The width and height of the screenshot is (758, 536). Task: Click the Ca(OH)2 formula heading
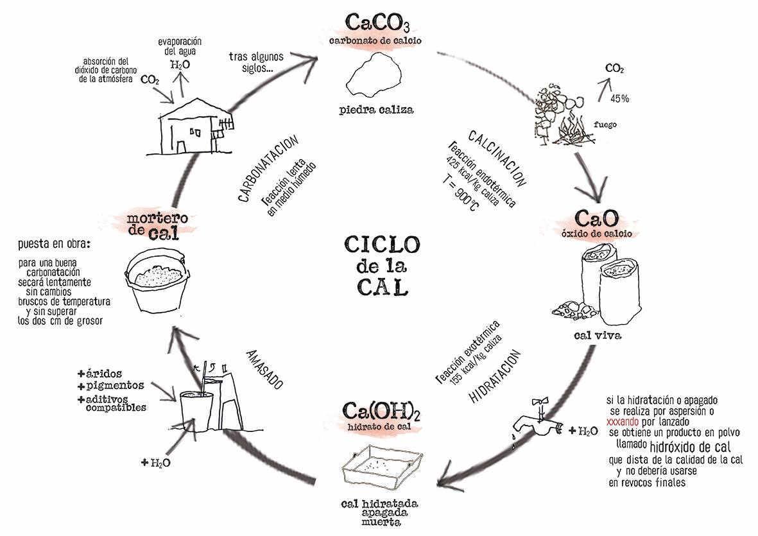tap(381, 410)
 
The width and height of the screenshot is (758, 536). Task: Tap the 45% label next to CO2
tap(619, 99)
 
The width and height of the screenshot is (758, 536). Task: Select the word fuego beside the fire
tap(605, 125)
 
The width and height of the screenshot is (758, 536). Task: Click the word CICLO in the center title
tap(383, 244)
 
